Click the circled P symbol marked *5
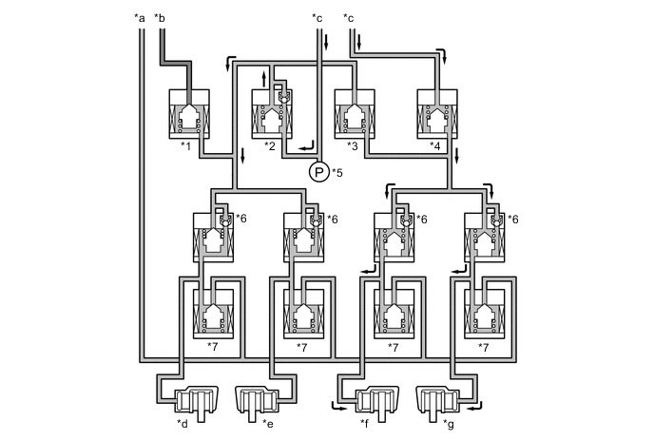(x=317, y=172)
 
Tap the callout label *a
(x=141, y=17)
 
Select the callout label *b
(x=160, y=17)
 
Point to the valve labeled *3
(x=356, y=114)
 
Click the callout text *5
(x=338, y=173)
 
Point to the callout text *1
(x=186, y=145)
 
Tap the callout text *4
(x=436, y=145)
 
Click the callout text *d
(x=182, y=424)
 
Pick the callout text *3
(x=353, y=145)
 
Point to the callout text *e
(x=269, y=424)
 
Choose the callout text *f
(x=365, y=424)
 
